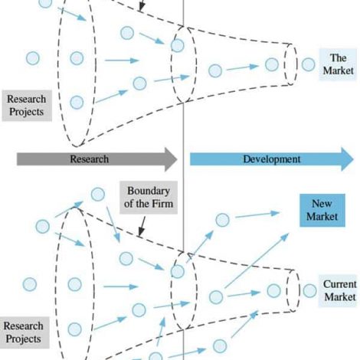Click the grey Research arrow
point(97,159)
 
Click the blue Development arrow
point(272,159)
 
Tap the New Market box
point(322,210)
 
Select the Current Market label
point(339,290)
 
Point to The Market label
point(338,64)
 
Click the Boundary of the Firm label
point(149,198)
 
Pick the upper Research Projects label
point(27,105)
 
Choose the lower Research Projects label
point(25,332)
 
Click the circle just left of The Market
point(308,64)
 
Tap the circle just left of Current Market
point(309,290)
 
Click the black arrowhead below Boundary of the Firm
point(141,233)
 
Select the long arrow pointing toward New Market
point(257,260)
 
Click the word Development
point(272,159)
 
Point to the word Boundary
point(149,191)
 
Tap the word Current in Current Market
point(340,284)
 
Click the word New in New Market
point(322,204)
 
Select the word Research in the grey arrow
point(90,159)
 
